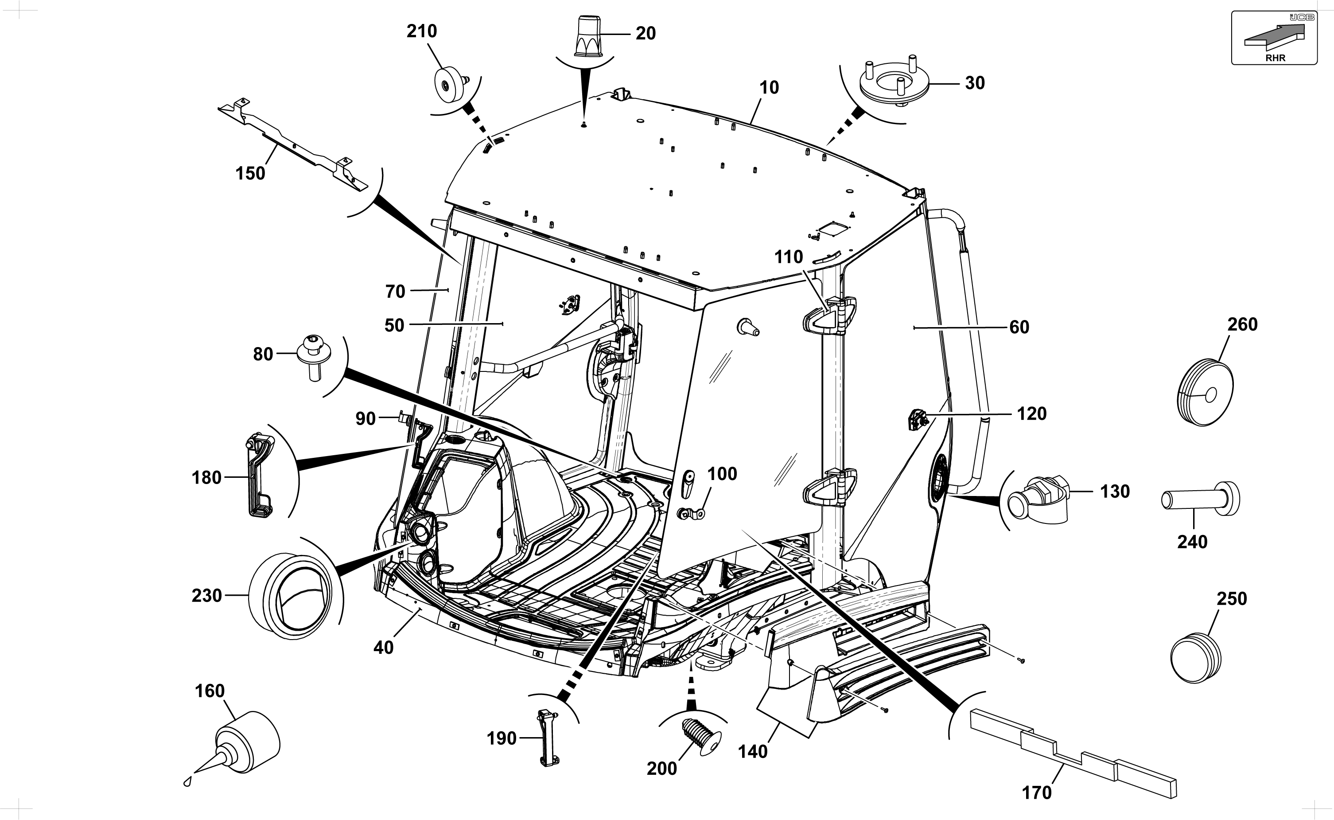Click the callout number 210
pos(422,31)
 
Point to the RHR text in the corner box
pos(1276,58)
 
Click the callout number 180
pos(206,478)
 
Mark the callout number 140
pos(753,752)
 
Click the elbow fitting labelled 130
pos(1038,500)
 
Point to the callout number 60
pos(1019,327)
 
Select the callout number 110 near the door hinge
pos(788,257)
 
